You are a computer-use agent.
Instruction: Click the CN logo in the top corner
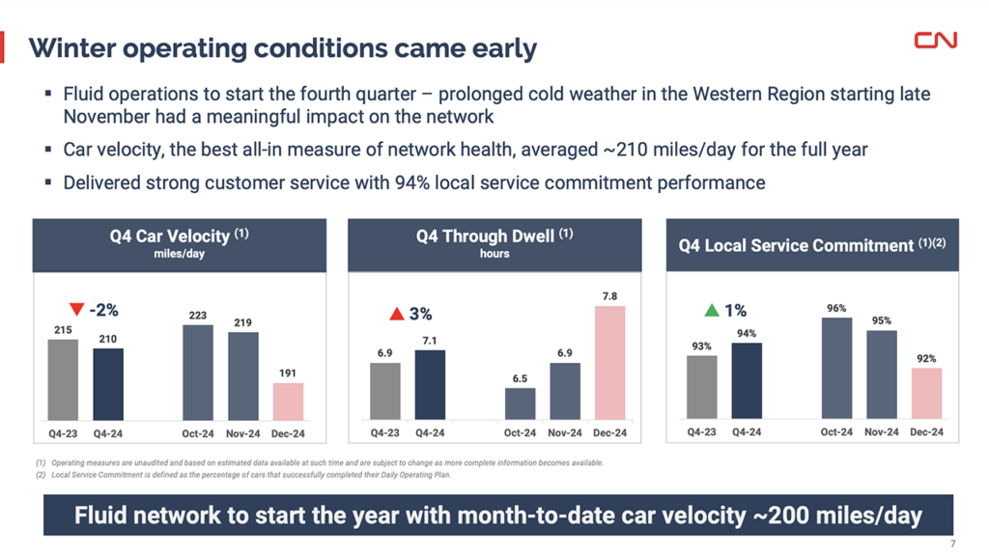(935, 40)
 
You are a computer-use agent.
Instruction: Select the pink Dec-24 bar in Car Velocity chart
(287, 401)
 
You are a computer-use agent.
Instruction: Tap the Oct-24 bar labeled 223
(197, 372)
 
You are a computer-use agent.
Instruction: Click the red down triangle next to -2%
(77, 310)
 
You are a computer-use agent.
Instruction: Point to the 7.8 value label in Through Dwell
(609, 296)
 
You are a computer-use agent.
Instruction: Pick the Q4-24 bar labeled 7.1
(430, 384)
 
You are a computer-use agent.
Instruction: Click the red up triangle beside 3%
(396, 314)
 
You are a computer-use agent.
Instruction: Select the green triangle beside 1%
(712, 311)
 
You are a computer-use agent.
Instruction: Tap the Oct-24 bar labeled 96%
(836, 368)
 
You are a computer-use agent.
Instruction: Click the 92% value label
(926, 358)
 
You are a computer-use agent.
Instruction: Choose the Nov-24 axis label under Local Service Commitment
(881, 431)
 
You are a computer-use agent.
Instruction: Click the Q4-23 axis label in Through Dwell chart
(385, 432)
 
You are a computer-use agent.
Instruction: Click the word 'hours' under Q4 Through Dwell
(494, 254)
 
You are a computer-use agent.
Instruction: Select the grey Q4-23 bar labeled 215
(63, 379)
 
